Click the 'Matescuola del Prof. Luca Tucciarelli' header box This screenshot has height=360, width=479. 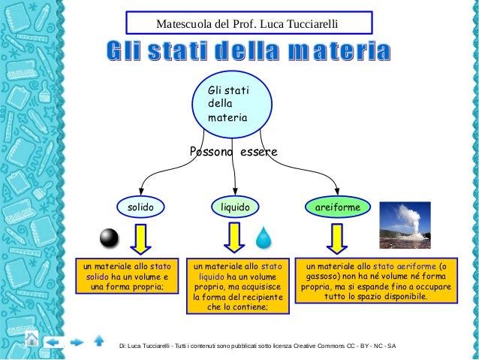(248, 23)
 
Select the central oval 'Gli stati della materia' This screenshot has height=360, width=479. (234, 104)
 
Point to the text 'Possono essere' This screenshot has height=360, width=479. (233, 153)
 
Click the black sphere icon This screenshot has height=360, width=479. (110, 238)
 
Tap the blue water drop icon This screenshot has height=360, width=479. (264, 238)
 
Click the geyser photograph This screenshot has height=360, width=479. (404, 225)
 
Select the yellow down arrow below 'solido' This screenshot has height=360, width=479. (140, 238)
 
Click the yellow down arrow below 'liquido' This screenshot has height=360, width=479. (234, 238)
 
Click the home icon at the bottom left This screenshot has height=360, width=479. (31, 341)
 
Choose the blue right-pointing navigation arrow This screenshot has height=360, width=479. (77, 342)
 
